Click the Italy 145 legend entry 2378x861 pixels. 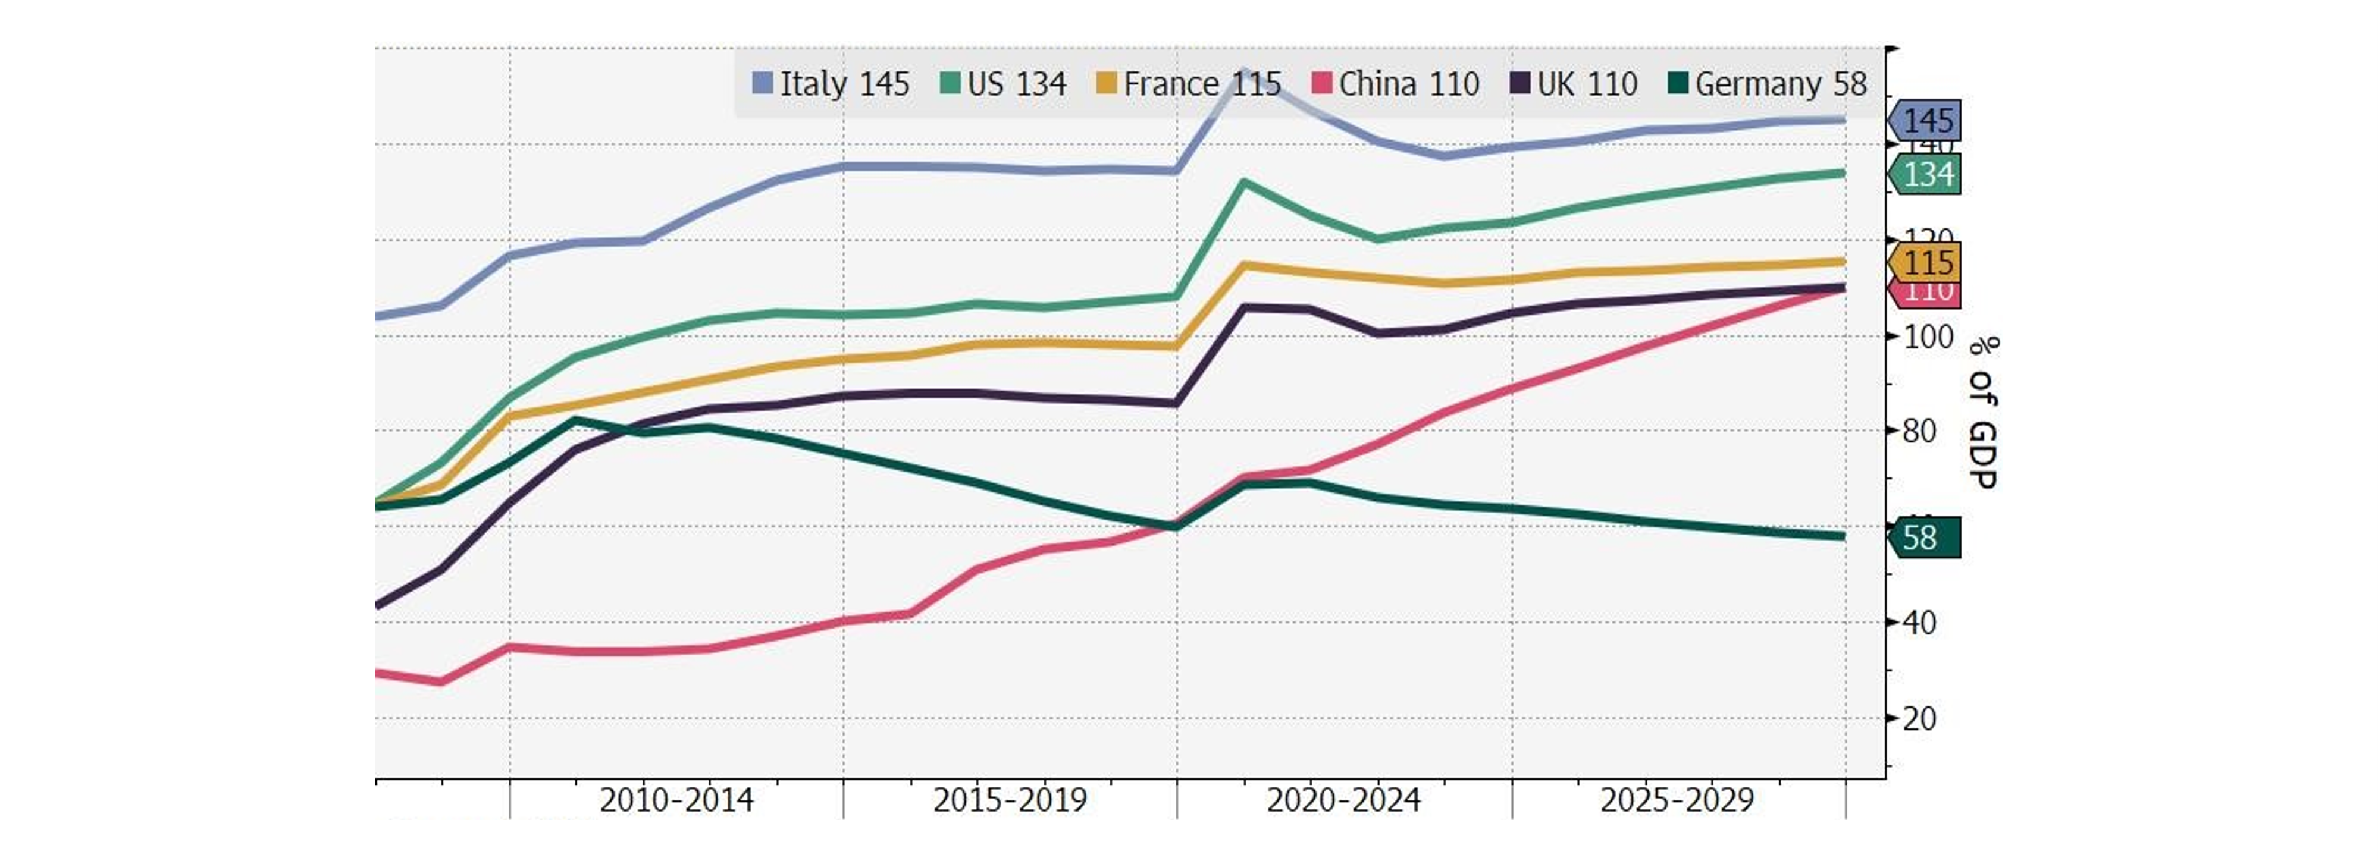click(x=831, y=84)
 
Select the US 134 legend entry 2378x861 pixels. click(x=1004, y=84)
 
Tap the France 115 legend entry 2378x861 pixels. click(x=1188, y=84)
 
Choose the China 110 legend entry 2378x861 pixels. click(x=1396, y=84)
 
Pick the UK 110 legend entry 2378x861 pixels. click(x=1574, y=84)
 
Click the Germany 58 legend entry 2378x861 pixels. click(x=1768, y=84)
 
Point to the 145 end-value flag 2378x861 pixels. click(x=1926, y=121)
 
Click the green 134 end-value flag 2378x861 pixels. click(x=1926, y=174)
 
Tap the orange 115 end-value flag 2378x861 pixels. click(x=1926, y=263)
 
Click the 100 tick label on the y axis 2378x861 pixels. click(x=1928, y=337)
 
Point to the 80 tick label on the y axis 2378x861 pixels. click(x=1919, y=431)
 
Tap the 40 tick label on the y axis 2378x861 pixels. click(x=1919, y=623)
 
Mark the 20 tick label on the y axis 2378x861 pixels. click(x=1919, y=719)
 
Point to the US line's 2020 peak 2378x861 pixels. click(x=1243, y=182)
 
